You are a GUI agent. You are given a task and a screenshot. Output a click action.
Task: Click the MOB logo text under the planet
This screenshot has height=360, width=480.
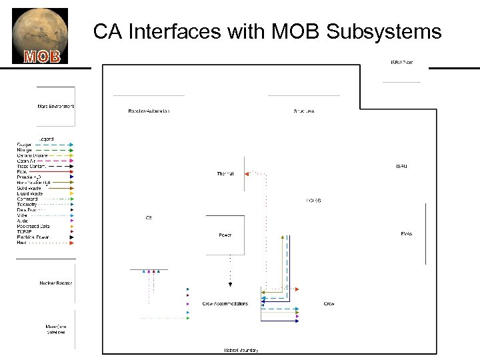(42, 56)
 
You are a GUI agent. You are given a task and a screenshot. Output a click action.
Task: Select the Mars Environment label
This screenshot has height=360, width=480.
(55, 106)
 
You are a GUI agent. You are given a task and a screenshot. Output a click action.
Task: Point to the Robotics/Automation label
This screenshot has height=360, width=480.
(149, 111)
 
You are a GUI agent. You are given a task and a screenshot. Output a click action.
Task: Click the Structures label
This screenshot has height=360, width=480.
(303, 111)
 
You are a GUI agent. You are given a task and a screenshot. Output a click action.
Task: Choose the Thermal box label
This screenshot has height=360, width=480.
(225, 174)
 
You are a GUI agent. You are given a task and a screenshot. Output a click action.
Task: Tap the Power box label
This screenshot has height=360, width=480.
(225, 235)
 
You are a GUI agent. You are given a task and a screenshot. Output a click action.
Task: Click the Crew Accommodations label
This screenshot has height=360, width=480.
(225, 303)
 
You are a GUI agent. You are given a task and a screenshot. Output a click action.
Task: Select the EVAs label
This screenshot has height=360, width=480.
(406, 234)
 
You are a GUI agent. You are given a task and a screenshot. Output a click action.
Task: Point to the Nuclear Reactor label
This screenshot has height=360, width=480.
(56, 283)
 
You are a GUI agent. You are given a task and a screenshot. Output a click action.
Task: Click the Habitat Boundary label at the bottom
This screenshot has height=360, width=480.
(241, 350)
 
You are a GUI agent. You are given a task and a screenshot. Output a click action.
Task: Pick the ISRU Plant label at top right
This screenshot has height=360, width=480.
(401, 62)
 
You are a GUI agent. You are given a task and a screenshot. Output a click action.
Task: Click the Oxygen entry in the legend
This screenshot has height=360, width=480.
(24, 145)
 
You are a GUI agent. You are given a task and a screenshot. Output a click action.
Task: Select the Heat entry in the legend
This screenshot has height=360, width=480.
(22, 243)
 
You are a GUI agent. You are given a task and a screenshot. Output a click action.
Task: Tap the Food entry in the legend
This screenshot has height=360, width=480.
(22, 171)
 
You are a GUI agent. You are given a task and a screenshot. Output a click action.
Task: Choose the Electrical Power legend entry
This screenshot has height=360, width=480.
(33, 237)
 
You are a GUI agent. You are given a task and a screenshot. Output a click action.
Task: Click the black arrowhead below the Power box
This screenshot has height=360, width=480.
(230, 285)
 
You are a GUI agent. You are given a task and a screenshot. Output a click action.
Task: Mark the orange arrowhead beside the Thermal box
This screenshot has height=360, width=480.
(246, 174)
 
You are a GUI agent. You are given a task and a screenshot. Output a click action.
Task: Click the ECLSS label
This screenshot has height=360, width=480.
(313, 200)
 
